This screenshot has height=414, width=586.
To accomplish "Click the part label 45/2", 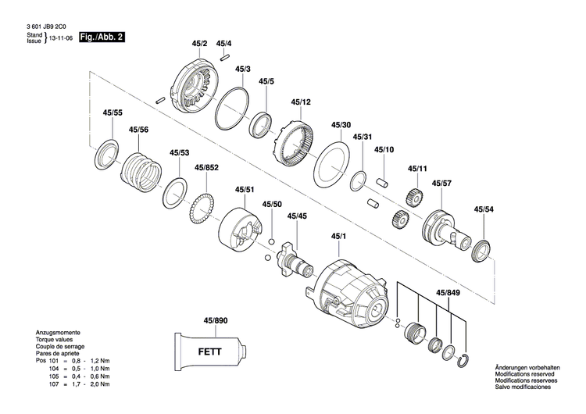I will point(199,44).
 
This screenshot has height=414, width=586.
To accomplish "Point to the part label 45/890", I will point(215,321).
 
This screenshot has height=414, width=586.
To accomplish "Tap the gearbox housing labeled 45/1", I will point(352,289).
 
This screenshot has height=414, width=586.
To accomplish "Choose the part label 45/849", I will point(448,293).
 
